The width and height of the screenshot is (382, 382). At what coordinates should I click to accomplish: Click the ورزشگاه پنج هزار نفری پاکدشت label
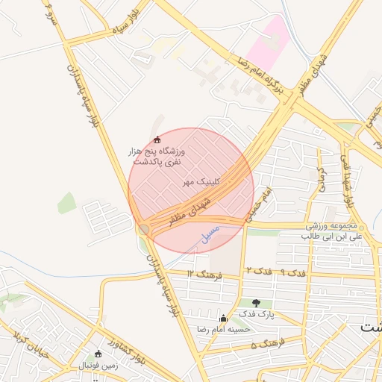157,156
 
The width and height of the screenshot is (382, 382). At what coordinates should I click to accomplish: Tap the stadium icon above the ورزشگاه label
156,140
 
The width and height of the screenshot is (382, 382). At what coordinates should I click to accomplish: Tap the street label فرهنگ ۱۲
202,274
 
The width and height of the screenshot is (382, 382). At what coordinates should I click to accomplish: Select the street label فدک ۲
256,269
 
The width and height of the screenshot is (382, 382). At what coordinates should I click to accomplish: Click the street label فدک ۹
292,272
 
